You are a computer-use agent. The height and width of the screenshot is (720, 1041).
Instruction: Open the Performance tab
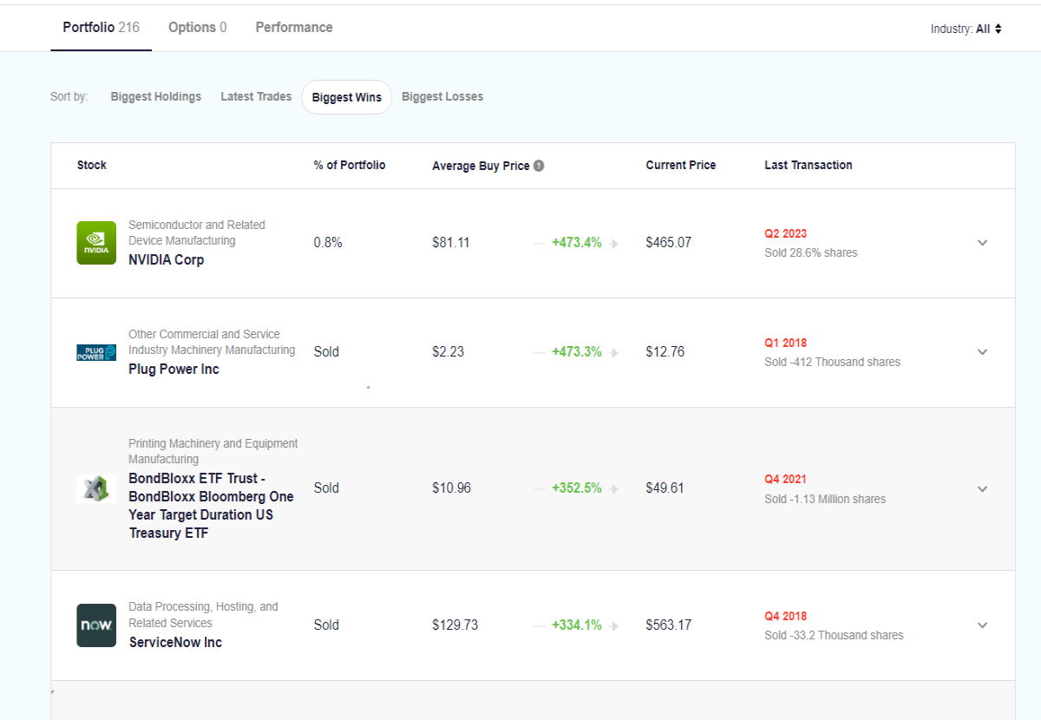294,28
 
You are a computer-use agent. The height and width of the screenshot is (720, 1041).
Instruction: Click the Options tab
197,28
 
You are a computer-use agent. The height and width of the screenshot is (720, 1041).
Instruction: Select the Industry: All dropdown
966,29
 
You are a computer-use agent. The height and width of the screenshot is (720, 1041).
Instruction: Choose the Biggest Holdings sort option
155,96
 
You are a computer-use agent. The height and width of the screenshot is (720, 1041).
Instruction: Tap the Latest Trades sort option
256,96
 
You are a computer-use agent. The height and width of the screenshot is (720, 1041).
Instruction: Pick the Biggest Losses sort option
442,96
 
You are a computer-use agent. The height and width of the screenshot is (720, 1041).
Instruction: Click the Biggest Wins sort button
347,97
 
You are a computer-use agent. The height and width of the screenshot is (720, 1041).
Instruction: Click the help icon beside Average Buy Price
539,166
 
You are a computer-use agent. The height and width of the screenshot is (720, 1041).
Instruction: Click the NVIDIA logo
96,243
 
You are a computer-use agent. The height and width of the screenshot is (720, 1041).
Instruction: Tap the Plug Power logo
96,352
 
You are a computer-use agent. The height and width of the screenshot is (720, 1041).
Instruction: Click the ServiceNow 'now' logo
96,625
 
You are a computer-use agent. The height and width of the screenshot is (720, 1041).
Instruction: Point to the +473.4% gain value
576,243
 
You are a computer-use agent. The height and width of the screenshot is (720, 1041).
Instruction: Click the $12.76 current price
665,352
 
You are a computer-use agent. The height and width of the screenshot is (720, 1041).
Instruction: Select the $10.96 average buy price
451,488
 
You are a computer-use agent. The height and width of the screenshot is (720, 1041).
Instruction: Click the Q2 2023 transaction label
785,233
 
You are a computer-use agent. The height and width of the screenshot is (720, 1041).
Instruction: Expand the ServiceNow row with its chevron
982,625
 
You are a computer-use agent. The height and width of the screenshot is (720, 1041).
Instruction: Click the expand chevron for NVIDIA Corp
982,243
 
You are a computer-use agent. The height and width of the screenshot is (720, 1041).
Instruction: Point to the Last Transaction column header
809,165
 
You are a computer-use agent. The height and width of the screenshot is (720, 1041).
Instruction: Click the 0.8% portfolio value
328,243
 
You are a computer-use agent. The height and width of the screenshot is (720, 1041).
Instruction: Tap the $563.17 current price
668,625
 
